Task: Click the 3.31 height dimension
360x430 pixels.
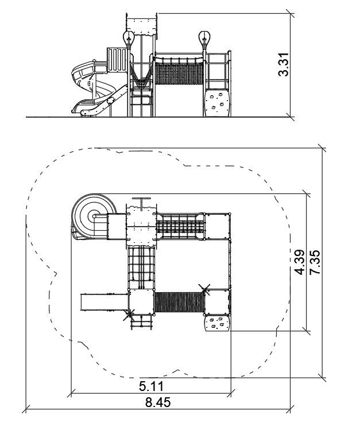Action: click(283, 64)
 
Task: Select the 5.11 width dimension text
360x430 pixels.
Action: click(151, 386)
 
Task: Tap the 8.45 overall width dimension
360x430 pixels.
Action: click(158, 402)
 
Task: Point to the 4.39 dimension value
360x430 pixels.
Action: click(299, 262)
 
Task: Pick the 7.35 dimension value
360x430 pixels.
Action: click(314, 262)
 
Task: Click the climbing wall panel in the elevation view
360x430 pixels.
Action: click(217, 103)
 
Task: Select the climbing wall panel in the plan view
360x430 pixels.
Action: click(217, 323)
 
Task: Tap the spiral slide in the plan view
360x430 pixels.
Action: click(93, 216)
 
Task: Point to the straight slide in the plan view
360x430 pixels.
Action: click(104, 302)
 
